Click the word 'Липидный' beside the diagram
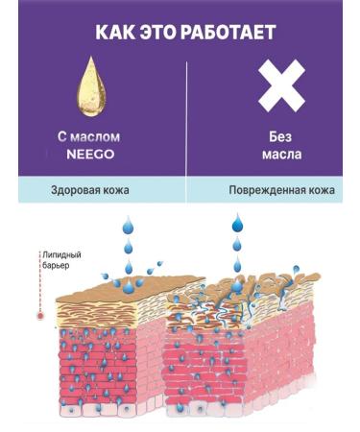pos(59,255)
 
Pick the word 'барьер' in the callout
pos(55,266)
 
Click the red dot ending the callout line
pos(38,315)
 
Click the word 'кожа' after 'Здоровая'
pos(116,191)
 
